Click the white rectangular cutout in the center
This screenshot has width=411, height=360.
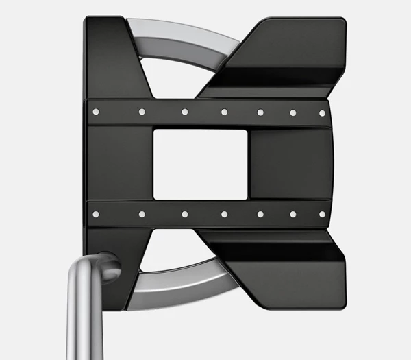(x=199, y=164)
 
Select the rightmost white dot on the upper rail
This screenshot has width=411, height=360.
(x=322, y=112)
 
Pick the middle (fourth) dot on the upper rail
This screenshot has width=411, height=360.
(x=224, y=112)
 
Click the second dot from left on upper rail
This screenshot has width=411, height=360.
(x=142, y=111)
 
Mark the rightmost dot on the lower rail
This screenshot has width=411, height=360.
(x=322, y=214)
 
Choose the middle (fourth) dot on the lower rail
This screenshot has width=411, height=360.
(x=224, y=214)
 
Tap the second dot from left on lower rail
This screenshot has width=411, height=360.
(x=142, y=214)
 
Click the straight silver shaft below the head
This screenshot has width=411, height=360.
(x=83, y=322)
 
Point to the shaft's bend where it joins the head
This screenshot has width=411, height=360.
(x=103, y=264)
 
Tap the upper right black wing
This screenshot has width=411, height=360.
(x=288, y=55)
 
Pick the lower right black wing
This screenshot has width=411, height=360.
(x=288, y=267)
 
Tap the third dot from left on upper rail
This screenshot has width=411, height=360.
(x=185, y=111)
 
